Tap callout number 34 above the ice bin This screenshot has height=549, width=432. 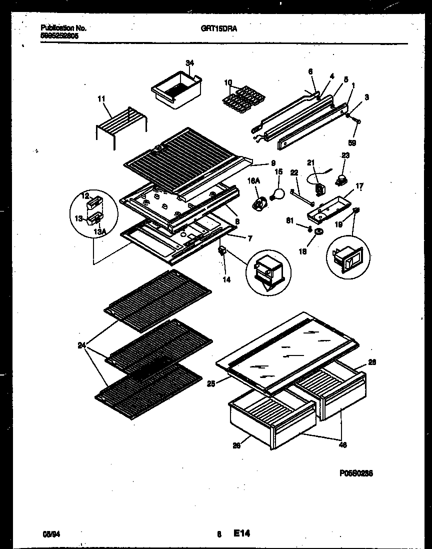(189, 62)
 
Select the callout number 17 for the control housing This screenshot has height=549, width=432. (359, 186)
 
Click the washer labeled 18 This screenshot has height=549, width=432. (318, 232)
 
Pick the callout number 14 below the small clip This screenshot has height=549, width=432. (226, 280)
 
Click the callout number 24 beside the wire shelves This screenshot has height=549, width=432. (81, 345)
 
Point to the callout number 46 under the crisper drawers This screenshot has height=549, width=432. (343, 444)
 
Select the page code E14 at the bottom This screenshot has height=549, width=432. (241, 534)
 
